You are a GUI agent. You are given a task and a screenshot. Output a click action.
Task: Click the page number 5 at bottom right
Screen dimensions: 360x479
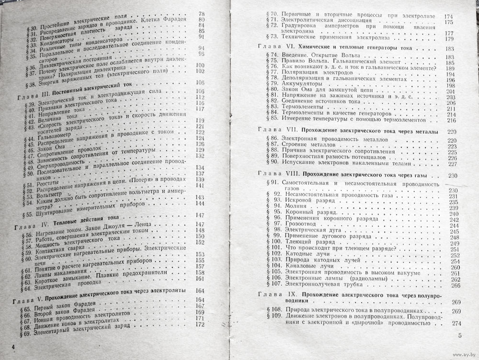click(460, 336)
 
